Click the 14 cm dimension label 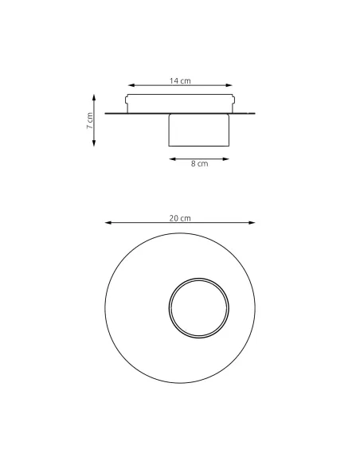tap(180, 81)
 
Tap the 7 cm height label tap(89, 121)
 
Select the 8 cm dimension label tap(199, 164)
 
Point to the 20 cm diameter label tap(180, 218)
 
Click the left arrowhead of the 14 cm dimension tap(129, 86)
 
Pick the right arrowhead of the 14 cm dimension tap(232, 86)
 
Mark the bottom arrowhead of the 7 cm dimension tap(95, 144)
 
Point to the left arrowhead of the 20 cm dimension tap(106, 224)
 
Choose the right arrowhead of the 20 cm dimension tap(254, 224)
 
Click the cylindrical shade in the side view tap(199, 131)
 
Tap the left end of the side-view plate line tap(106, 114)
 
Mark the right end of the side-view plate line tap(255, 114)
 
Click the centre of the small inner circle tap(199, 307)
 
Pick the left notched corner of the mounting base tap(127, 100)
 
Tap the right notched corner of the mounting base tap(234, 100)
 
